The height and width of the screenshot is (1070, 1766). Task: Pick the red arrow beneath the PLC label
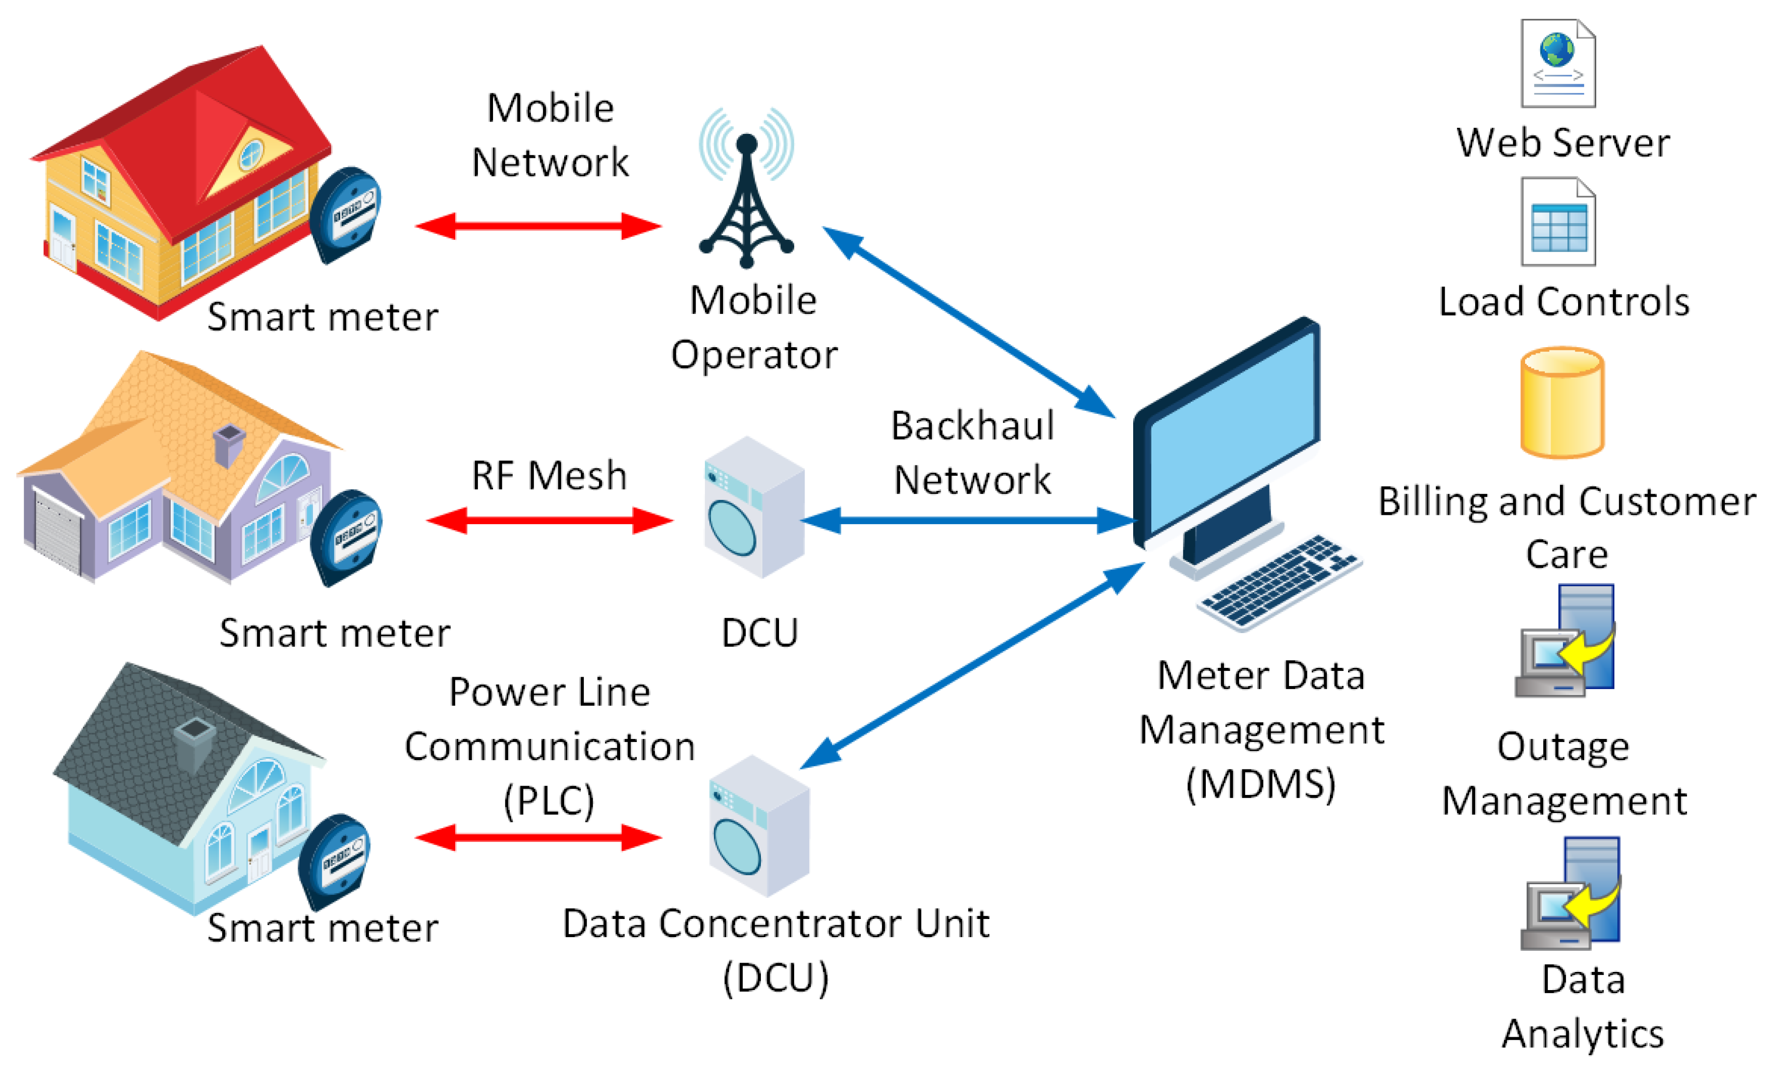tap(538, 837)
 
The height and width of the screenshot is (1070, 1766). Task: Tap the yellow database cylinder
tap(1562, 403)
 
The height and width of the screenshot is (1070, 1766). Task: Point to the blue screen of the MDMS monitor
tap(1233, 430)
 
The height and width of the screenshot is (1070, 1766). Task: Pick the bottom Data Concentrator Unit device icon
tap(759, 825)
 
